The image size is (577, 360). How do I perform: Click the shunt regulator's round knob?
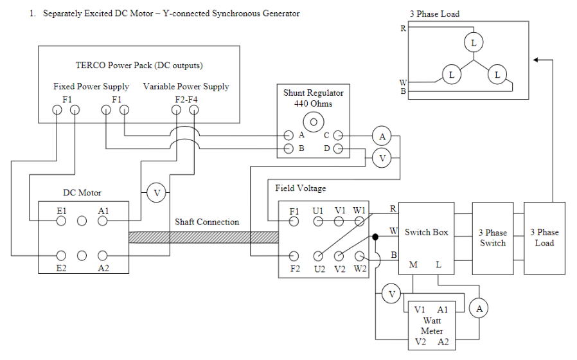pos(314,122)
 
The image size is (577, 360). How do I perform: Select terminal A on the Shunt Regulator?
pos(289,136)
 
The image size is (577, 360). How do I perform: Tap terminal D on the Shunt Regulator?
pos(338,150)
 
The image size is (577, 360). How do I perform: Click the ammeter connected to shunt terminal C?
pos(382,136)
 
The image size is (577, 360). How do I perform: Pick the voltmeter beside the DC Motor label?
pos(155,192)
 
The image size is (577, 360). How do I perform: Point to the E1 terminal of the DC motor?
pos(61,221)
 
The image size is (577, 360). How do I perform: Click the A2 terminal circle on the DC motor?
pos(102,255)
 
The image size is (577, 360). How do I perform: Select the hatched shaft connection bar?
pos(203,237)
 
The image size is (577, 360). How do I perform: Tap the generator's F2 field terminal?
pos(294,256)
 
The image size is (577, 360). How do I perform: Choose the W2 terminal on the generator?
pos(359,256)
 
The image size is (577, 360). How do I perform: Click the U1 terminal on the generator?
pos(318,221)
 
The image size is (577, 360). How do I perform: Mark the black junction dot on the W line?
pos(375,237)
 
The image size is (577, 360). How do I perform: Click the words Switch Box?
pos(426,232)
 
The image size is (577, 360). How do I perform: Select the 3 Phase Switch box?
pos(493,238)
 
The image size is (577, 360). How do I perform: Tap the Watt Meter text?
pos(432,325)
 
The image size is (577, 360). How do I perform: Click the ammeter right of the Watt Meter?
pos(479,309)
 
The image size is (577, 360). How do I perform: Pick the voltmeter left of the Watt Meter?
pos(391,294)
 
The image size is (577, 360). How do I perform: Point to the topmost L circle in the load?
pos(474,42)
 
